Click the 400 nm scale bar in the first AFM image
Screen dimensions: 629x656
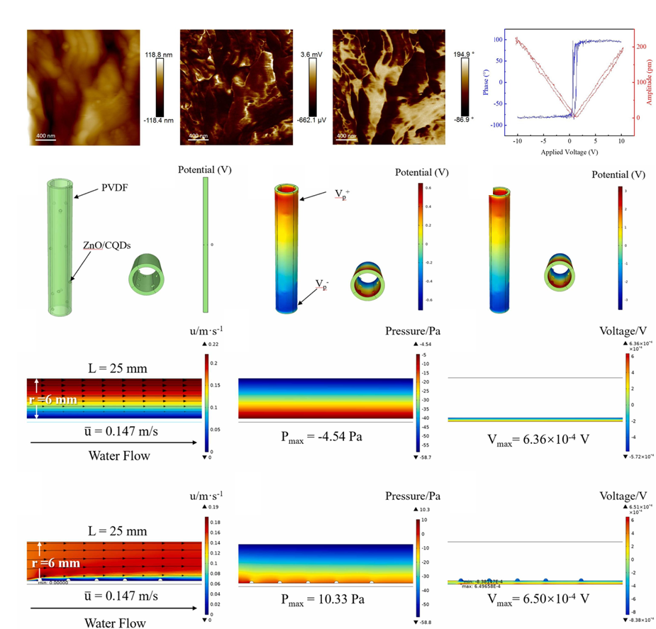tap(46, 135)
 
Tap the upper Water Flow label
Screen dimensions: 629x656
tap(118, 455)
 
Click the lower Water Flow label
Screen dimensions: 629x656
tap(116, 623)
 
